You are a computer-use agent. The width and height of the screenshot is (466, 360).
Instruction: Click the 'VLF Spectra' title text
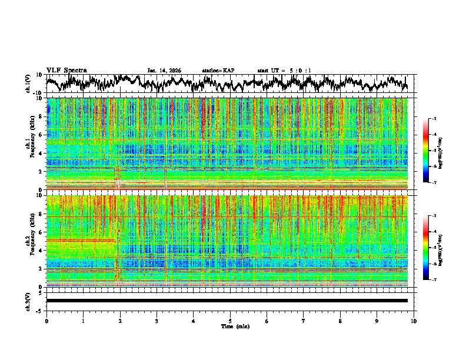(66, 71)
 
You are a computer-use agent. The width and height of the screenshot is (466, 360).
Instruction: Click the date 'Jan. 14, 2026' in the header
(164, 71)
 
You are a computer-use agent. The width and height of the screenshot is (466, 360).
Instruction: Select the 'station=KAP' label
(218, 71)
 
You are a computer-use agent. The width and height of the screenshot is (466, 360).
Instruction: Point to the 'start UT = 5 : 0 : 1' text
(284, 71)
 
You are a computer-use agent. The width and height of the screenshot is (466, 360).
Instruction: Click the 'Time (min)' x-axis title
(230, 326)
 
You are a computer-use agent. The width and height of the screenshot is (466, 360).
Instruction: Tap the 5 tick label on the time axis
(230, 321)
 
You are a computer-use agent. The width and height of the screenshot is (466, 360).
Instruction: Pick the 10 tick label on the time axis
(414, 321)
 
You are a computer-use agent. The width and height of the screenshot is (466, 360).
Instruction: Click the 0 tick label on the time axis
(46, 321)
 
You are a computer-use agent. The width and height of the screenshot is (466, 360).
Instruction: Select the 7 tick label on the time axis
(304, 321)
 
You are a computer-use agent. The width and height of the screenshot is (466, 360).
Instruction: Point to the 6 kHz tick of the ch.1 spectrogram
(41, 135)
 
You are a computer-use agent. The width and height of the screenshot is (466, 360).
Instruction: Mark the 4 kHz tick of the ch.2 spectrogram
(41, 250)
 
